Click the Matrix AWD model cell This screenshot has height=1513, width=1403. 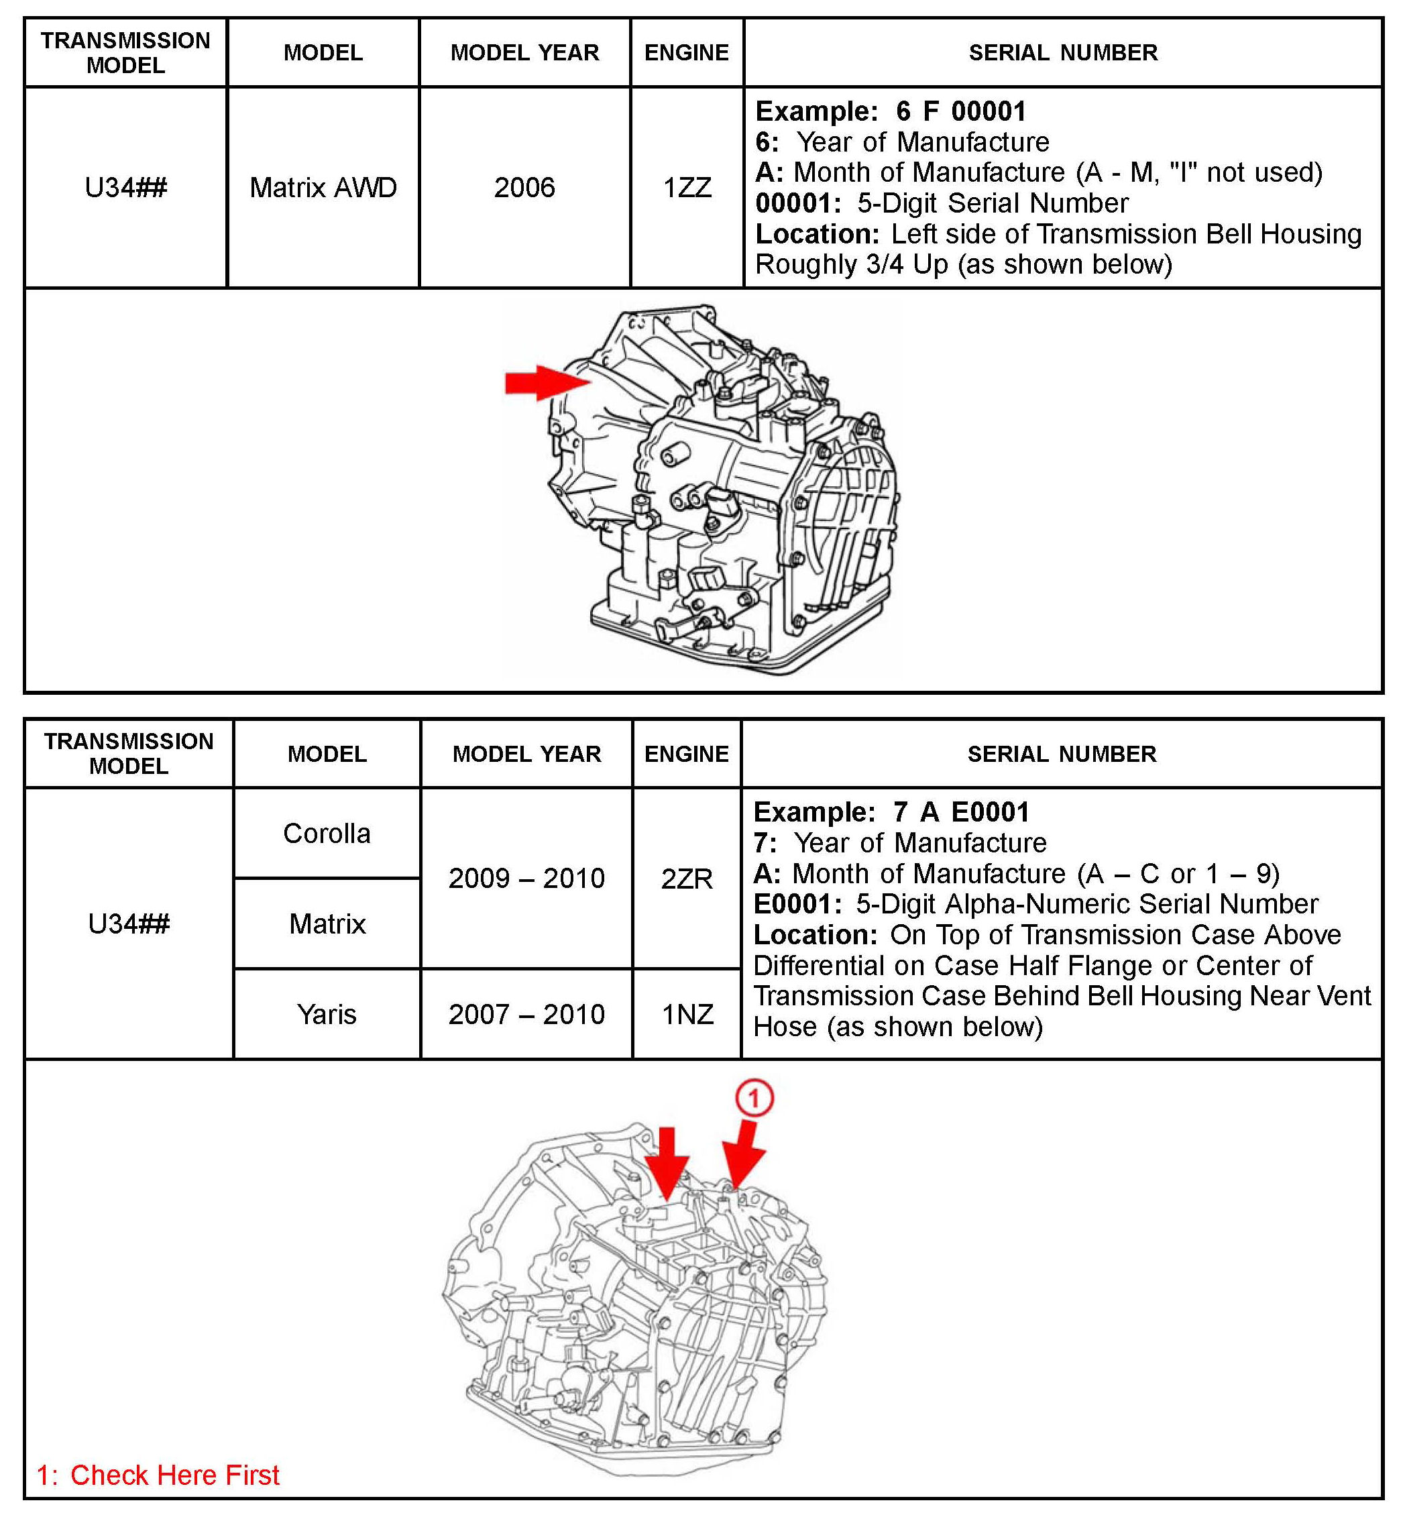click(x=323, y=188)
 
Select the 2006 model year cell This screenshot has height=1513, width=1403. click(x=524, y=188)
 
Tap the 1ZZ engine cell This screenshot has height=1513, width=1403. click(x=687, y=188)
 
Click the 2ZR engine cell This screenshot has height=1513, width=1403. click(x=686, y=879)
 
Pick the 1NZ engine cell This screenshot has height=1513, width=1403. click(x=687, y=1014)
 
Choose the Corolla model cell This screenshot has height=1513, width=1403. click(x=327, y=834)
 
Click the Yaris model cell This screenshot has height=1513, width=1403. click(x=327, y=1014)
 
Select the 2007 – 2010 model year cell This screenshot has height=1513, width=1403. click(x=526, y=1014)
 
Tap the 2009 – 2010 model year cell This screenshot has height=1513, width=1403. click(x=526, y=879)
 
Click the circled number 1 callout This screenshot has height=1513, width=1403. click(x=754, y=1099)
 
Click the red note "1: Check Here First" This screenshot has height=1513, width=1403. click(x=158, y=1475)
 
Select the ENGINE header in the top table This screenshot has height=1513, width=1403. click(x=686, y=52)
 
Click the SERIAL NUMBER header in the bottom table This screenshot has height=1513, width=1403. click(x=1062, y=754)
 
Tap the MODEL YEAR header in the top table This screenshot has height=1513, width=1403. click(x=524, y=52)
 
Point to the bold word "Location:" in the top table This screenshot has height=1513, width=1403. click(x=817, y=234)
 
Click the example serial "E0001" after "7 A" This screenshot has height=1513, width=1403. click(x=990, y=812)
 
